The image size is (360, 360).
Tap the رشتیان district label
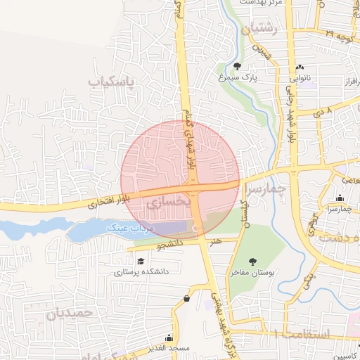pyautogui.click(x=260, y=29)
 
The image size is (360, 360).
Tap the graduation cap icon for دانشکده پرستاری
pyautogui.click(x=140, y=262)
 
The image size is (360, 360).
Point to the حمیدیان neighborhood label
pyautogui.click(x=70, y=314)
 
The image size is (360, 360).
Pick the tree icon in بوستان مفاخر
pyautogui.click(x=253, y=262)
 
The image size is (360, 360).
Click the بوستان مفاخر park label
pyautogui.click(x=253, y=271)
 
